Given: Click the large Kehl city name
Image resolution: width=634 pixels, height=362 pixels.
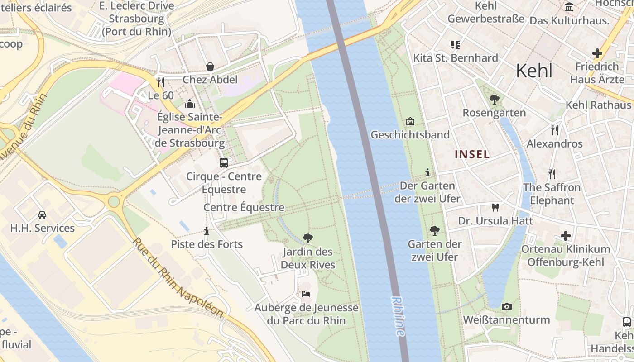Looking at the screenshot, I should pyautogui.click(x=534, y=71).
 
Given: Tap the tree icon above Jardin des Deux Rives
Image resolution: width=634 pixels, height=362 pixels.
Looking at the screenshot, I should pyautogui.click(x=308, y=238).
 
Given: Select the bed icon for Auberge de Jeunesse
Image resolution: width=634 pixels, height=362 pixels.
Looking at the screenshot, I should pyautogui.click(x=306, y=294).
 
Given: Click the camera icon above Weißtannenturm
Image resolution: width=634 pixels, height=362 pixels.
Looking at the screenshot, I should pyautogui.click(x=507, y=306).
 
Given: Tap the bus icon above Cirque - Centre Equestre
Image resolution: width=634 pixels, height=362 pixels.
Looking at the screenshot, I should pyautogui.click(x=224, y=163).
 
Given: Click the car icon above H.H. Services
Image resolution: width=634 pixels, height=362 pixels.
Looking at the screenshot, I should pyautogui.click(x=42, y=214).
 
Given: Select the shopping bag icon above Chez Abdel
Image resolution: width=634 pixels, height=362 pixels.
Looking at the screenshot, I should pyautogui.click(x=210, y=67).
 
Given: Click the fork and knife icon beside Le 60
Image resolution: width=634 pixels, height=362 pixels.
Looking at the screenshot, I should pyautogui.click(x=161, y=82).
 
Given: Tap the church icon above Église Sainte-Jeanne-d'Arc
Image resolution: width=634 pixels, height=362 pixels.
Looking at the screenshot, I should pyautogui.click(x=190, y=104).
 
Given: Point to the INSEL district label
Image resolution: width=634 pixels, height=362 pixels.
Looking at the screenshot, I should pyautogui.click(x=472, y=154).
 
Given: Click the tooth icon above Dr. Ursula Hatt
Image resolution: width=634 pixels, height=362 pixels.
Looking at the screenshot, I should pyautogui.click(x=495, y=207).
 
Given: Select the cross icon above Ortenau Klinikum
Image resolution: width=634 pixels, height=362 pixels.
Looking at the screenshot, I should pyautogui.click(x=565, y=236).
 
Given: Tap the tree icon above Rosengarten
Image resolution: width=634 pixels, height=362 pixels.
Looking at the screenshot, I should pyautogui.click(x=494, y=99).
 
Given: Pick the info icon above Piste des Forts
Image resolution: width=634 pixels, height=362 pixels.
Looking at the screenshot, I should pyautogui.click(x=207, y=231).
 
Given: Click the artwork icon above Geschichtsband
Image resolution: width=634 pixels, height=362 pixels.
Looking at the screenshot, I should pyautogui.click(x=410, y=121).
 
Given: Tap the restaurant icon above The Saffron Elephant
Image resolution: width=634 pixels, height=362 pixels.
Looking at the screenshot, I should pyautogui.click(x=552, y=174).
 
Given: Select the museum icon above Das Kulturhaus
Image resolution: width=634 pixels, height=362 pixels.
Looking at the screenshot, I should pyautogui.click(x=569, y=7).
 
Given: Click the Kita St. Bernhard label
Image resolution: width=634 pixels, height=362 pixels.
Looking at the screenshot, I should pyautogui.click(x=456, y=58).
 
